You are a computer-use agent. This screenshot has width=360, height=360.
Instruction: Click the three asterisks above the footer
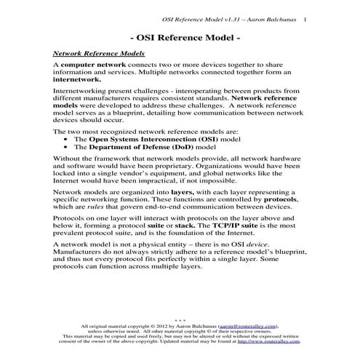pyautogui.click(x=179, y=321)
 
